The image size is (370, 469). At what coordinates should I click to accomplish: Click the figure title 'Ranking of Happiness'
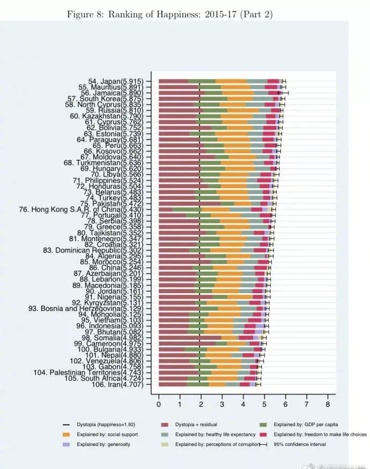tap(169, 14)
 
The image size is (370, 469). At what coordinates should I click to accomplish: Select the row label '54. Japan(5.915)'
tap(115, 81)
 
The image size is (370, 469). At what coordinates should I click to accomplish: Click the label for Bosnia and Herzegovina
tap(85, 309)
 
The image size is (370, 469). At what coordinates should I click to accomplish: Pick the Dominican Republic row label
tap(93, 250)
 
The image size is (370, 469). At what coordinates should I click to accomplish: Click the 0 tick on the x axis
tap(159, 404)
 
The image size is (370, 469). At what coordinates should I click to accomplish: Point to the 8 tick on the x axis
tap(327, 404)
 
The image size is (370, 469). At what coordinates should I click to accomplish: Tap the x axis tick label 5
tap(264, 404)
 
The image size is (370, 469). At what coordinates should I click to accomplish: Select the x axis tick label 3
tap(222, 404)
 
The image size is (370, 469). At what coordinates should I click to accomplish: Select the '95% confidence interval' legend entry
tap(300, 444)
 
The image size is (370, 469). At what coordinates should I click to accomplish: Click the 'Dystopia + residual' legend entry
tap(202, 425)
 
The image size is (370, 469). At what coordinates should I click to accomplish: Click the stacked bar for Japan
tap(220, 81)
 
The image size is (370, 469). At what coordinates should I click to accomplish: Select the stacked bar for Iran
tap(209, 384)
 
